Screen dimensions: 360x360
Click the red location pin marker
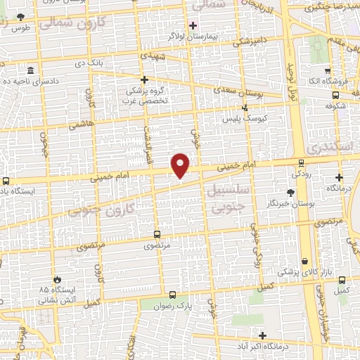point(181,165)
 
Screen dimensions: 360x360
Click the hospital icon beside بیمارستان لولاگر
point(193,25)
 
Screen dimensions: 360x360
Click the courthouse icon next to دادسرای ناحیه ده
point(31,72)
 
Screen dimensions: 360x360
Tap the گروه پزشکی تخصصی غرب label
point(144,96)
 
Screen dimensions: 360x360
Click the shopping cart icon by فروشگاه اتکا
point(328,72)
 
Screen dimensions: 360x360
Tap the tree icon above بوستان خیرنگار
point(290,192)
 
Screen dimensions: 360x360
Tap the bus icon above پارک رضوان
point(173,295)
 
